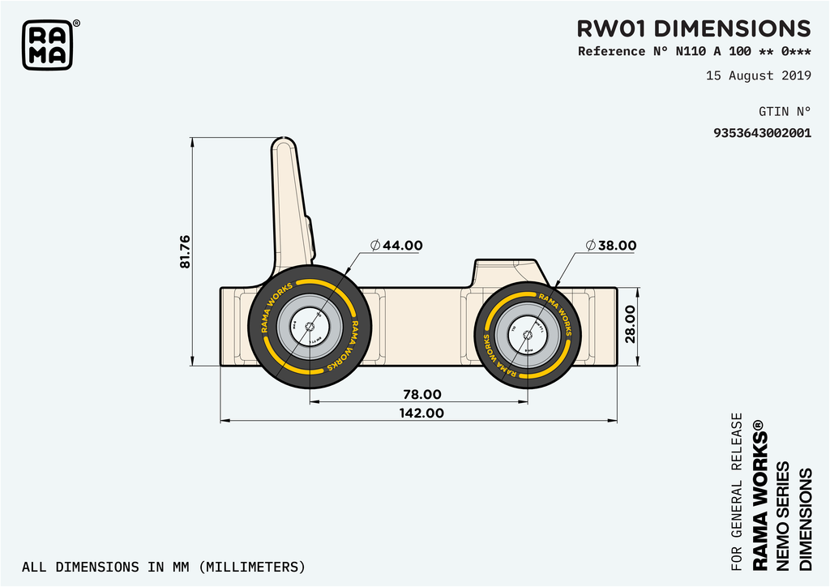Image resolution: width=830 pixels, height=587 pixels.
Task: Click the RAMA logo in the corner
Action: click(x=47, y=45)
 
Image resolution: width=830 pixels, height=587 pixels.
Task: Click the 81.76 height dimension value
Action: click(x=185, y=251)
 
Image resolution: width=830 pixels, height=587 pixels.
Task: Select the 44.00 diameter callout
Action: click(x=396, y=245)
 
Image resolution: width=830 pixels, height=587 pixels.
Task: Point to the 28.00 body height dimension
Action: click(x=631, y=325)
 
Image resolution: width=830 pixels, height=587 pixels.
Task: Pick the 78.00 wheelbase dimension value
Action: click(x=422, y=394)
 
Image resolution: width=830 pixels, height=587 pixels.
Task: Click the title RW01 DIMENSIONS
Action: click(x=693, y=28)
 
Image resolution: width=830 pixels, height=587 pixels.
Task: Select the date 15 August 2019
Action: click(x=758, y=76)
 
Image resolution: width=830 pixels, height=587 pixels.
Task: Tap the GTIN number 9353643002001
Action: click(x=762, y=133)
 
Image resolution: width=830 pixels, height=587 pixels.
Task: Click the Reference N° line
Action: click(x=694, y=52)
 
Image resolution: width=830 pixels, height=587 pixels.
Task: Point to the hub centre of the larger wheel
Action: click(x=310, y=328)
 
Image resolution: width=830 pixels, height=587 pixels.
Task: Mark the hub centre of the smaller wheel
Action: click(x=527, y=328)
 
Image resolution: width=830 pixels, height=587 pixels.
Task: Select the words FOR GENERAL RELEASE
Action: click(x=737, y=491)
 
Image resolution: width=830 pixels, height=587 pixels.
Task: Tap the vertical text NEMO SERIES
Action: click(x=782, y=516)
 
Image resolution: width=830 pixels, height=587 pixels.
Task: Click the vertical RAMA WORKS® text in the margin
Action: click(x=759, y=495)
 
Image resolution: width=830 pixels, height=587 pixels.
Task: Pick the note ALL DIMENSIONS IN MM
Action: click(x=163, y=566)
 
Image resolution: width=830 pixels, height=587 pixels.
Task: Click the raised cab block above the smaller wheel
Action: click(x=507, y=272)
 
